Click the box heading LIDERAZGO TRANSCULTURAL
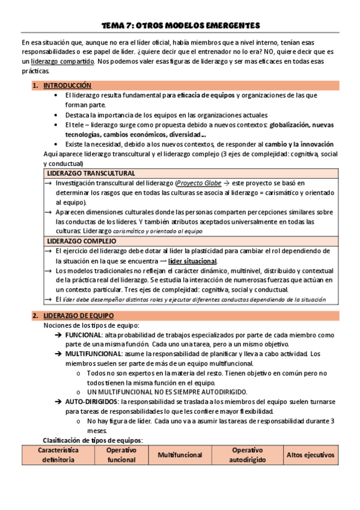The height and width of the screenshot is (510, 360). coord(91,173)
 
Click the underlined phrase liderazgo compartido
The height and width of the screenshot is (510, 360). coord(63,61)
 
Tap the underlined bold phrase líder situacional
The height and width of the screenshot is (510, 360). coord(193,261)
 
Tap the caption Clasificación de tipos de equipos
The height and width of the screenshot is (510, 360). coord(93,440)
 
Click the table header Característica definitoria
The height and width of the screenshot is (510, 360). coord(58,455)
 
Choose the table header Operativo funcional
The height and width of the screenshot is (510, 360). coord(121,455)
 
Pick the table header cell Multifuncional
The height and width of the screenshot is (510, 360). coord(180,455)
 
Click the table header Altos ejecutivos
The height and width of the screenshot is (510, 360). coord(310,455)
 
